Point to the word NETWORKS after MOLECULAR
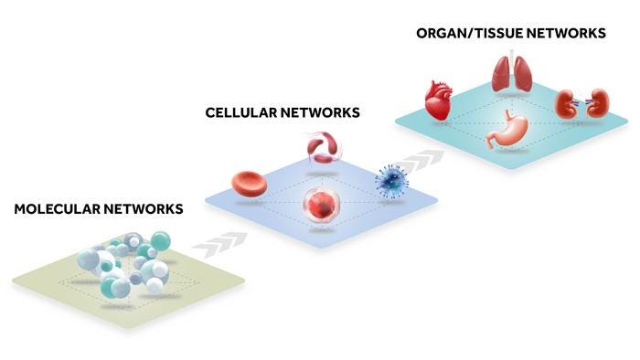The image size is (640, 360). pyautogui.click(x=143, y=209)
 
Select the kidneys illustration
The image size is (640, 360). pyautogui.click(x=582, y=103)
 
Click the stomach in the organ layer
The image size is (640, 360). pyautogui.click(x=506, y=129)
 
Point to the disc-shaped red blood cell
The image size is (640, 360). pyautogui.click(x=249, y=185)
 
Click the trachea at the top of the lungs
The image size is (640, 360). pyautogui.click(x=511, y=58)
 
